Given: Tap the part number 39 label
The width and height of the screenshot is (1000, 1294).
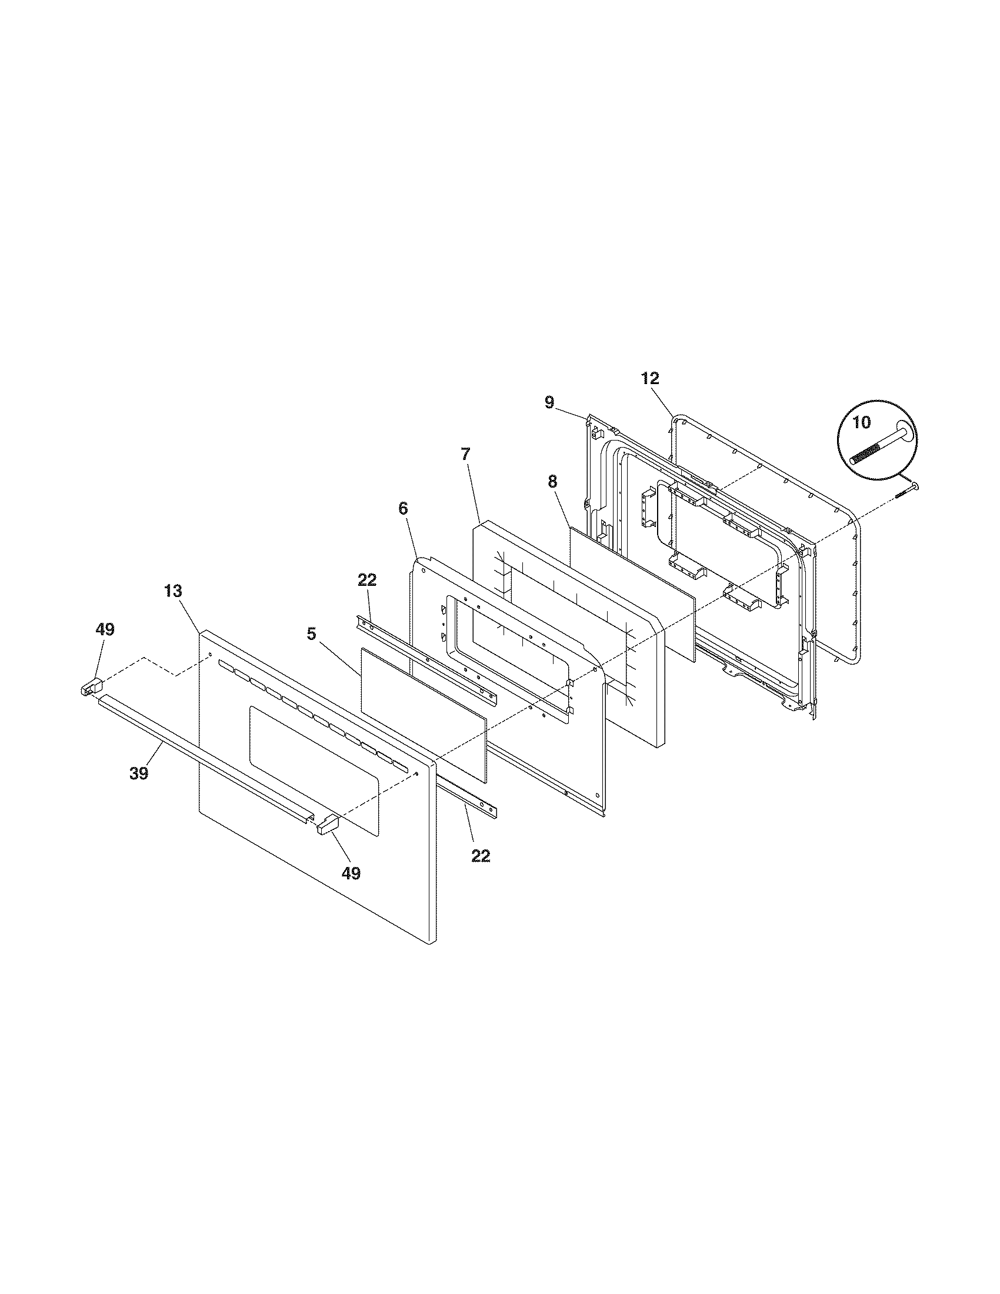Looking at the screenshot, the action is pos(139,773).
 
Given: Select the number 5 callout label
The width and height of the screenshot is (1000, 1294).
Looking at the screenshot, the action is pos(311,633).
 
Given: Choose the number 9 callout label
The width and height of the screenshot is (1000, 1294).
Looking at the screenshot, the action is pos(550,403).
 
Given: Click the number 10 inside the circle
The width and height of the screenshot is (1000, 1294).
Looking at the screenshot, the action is pos(862,423).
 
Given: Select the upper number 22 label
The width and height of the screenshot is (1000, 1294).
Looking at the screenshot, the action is pos(366,580).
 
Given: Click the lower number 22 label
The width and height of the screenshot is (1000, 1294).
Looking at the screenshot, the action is pos(481,856).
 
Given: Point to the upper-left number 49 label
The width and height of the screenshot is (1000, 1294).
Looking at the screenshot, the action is pos(105,630).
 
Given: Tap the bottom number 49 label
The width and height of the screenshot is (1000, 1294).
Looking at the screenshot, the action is pos(351,873).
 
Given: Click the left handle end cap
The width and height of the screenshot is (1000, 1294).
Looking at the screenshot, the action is pos(91,688).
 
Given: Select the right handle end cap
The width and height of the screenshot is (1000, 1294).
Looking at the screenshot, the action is pos(326,825).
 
